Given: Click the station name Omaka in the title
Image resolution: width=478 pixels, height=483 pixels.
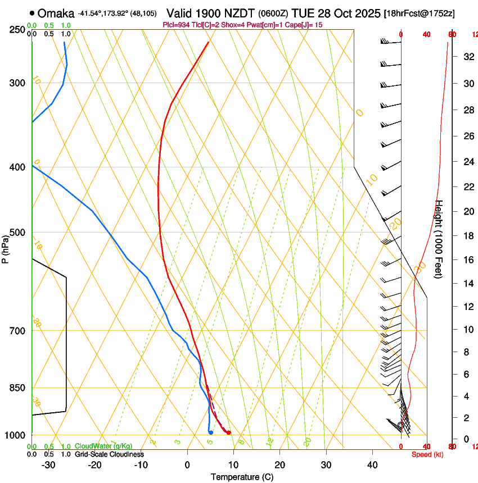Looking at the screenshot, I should tap(56, 13).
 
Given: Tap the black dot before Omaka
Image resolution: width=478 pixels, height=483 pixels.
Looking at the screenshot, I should tap(32, 13).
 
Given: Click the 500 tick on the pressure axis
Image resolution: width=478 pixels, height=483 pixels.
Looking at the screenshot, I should tap(17, 233).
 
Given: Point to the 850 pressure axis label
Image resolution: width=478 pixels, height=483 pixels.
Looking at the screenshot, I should tap(17, 388).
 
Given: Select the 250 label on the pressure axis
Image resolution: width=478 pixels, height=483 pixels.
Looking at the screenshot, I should tap(17, 29).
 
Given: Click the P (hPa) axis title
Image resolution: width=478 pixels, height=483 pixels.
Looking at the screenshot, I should tap(5, 248).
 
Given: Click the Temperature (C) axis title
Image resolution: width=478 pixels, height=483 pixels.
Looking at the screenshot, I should tap(242, 477).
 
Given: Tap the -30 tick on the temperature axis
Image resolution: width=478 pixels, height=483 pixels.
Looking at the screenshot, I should tap(48, 465).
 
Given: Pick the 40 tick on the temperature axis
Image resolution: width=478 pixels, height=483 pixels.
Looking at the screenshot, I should tap(372, 465).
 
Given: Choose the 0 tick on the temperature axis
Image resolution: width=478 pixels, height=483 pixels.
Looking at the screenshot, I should tap(187, 465).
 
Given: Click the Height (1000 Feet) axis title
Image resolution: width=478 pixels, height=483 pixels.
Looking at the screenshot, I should tap(439, 239).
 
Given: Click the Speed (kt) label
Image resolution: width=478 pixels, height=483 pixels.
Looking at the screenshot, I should tap(427, 454).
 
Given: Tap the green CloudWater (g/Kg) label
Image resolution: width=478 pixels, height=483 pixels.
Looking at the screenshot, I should tap(103, 446).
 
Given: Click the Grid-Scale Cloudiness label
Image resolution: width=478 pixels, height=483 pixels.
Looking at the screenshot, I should tap(109, 454).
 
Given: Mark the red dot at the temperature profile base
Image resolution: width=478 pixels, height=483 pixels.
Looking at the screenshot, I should tap(228, 432).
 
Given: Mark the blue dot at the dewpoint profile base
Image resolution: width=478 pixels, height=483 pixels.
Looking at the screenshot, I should tap(210, 432).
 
